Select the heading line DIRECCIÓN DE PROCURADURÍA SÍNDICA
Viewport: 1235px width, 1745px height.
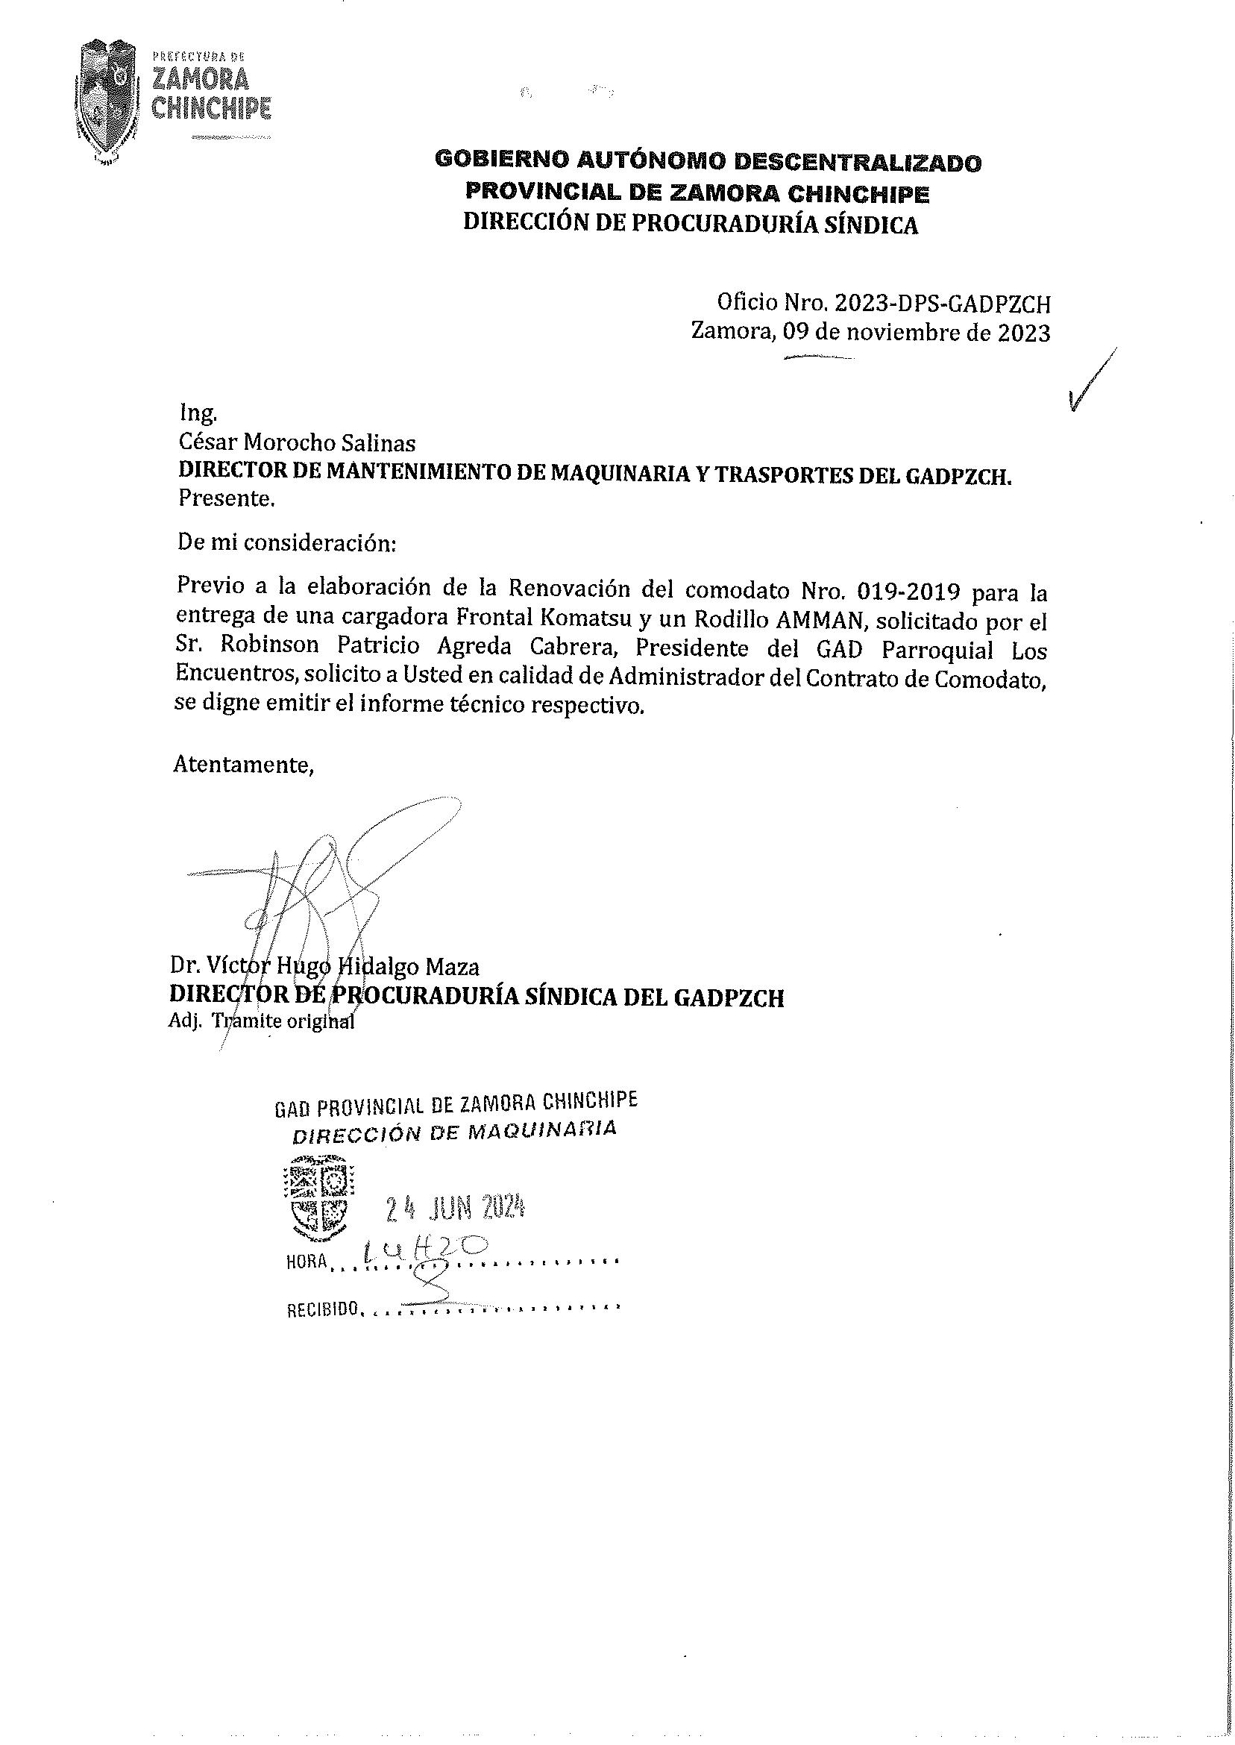pos(691,225)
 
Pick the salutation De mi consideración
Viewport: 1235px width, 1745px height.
pos(286,544)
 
